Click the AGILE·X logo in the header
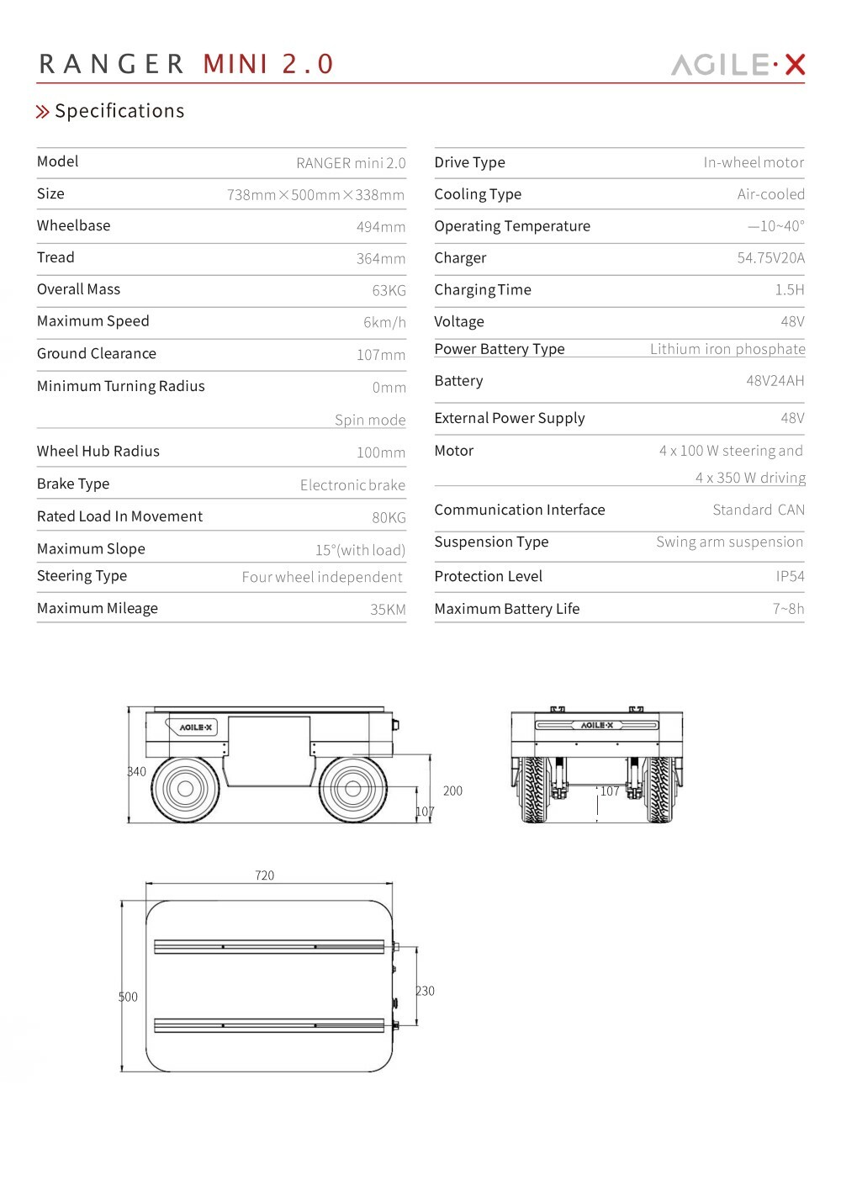738,65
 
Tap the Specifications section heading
119,111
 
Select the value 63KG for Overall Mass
389,290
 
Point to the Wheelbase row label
73,225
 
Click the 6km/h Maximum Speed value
384,322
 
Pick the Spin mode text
370,420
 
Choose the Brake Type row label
73,484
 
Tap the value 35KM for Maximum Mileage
388,609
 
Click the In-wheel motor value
754,162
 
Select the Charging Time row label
483,290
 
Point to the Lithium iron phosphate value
727,349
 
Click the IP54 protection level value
790,576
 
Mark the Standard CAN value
759,510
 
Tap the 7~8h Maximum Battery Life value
788,609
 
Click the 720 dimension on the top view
264,875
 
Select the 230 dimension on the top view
426,991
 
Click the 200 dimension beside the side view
452,791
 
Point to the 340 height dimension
136,771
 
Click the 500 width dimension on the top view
128,997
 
